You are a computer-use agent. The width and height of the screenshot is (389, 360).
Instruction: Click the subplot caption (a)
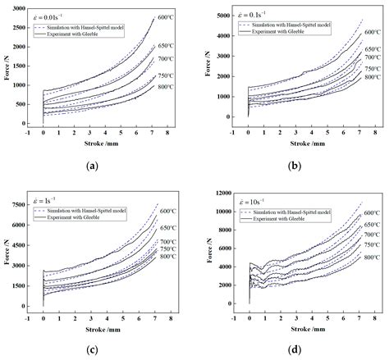click(92, 166)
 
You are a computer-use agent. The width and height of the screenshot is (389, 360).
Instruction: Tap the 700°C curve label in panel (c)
click(168, 242)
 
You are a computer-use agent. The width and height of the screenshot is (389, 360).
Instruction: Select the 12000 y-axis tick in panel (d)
click(225, 194)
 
